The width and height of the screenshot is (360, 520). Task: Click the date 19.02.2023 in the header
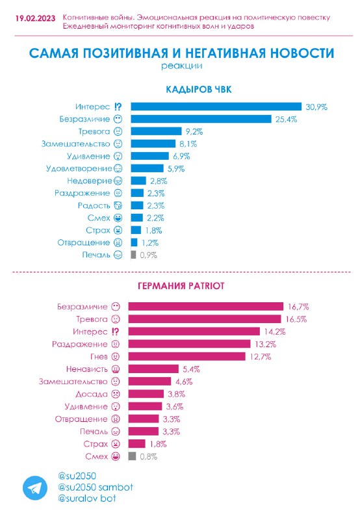point(36,18)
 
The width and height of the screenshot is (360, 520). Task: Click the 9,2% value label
point(194,132)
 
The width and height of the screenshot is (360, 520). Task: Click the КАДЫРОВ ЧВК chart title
point(199,89)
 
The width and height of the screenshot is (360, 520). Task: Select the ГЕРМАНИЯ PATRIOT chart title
point(181,286)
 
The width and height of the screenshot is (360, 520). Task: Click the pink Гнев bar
point(187,356)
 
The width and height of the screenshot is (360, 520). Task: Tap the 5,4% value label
point(191,369)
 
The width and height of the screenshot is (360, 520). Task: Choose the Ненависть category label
point(87,369)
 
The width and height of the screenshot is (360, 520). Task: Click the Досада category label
point(92,394)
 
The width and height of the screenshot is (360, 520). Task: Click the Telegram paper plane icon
point(35,488)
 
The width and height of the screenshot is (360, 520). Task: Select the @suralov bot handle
point(87,498)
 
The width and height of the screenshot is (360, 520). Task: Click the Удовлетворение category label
point(79,169)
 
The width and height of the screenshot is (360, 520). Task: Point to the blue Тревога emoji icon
point(118,131)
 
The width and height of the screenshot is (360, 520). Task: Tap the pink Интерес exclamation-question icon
point(115,331)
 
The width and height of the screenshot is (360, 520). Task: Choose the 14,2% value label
point(275,331)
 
